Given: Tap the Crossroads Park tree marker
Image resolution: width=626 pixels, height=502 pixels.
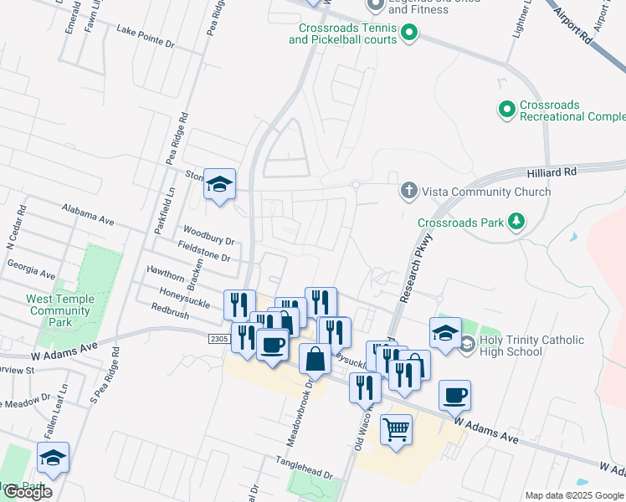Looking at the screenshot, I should point(517,222).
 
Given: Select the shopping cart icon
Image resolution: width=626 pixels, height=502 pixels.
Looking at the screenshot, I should point(397,429).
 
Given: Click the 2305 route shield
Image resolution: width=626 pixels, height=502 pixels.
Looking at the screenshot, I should point(219,338).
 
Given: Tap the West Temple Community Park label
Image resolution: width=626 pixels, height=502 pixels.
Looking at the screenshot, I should point(60,310).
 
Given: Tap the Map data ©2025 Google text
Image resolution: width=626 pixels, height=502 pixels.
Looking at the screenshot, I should point(574,495).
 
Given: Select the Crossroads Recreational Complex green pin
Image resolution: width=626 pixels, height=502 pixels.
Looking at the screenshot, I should point(506,110).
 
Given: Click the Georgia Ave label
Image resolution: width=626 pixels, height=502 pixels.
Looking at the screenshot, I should point(31,269).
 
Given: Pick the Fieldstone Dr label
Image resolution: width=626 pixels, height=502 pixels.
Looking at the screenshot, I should point(204,251).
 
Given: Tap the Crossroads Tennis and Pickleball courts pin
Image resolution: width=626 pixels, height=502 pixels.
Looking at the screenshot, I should point(409,33).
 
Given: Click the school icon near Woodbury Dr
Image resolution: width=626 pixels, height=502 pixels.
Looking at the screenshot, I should point(219,185).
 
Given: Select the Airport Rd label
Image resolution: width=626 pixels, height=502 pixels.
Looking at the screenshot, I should point(576,28).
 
